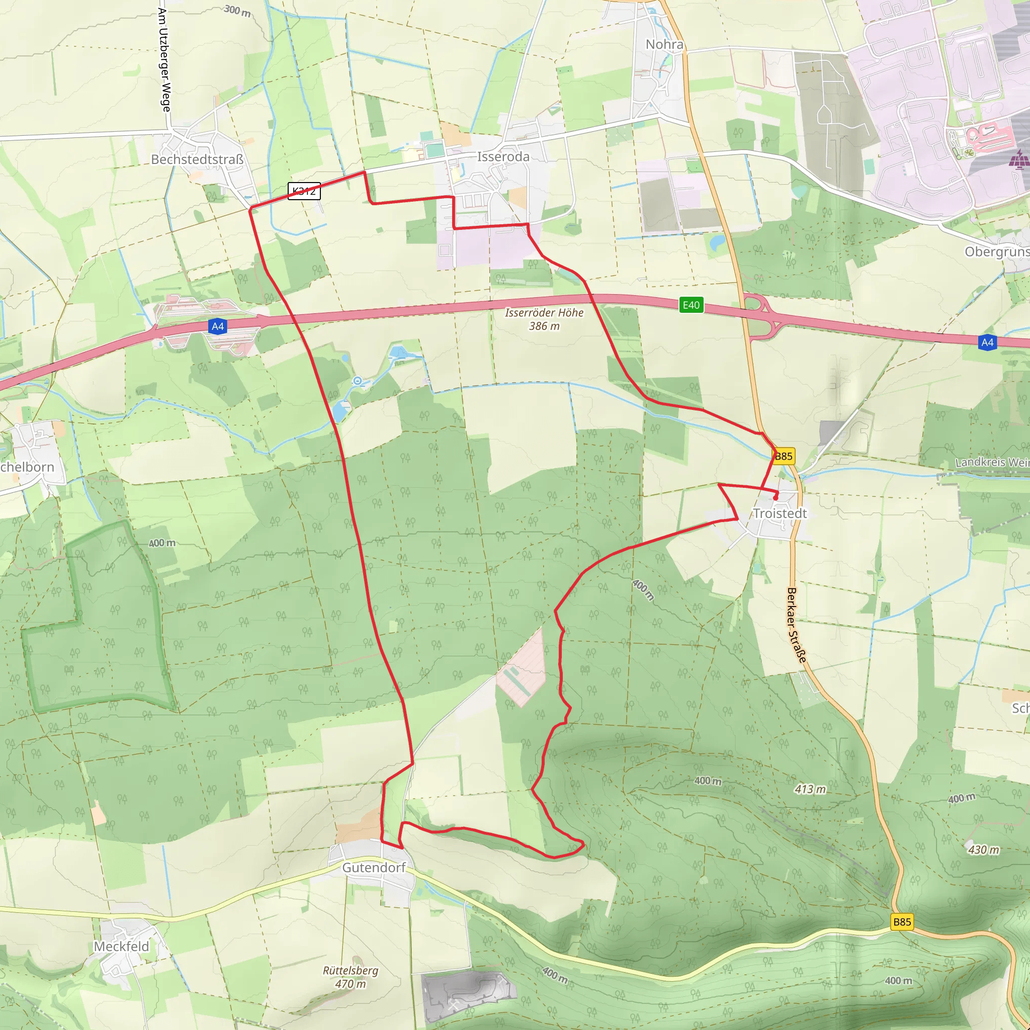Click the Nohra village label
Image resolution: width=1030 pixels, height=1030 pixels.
pyautogui.click(x=664, y=44)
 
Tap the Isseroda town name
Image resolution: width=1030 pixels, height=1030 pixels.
pyautogui.click(x=503, y=157)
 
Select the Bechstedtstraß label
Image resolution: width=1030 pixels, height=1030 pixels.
pyautogui.click(x=197, y=159)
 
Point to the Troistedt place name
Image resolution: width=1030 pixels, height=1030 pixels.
pyautogui.click(x=780, y=513)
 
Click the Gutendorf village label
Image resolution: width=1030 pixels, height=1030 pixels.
pyautogui.click(x=374, y=868)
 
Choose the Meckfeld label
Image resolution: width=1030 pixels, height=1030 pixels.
pyautogui.click(x=122, y=947)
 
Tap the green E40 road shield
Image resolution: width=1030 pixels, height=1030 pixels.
pyautogui.click(x=691, y=305)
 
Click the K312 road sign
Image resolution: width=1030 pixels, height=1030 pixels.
pyautogui.click(x=304, y=191)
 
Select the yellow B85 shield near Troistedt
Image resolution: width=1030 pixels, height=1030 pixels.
pyautogui.click(x=784, y=456)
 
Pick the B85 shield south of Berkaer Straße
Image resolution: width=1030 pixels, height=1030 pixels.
pyautogui.click(x=902, y=922)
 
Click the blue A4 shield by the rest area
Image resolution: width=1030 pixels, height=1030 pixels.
pyautogui.click(x=217, y=326)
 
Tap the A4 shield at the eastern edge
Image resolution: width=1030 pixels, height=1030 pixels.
pyautogui.click(x=987, y=342)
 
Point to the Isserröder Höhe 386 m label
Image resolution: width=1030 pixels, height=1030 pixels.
pyautogui.click(x=544, y=319)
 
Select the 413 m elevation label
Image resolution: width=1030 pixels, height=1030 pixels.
pyautogui.click(x=810, y=789)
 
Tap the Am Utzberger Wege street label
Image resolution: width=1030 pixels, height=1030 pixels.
pyautogui.click(x=164, y=60)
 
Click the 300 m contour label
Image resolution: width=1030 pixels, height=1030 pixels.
pyautogui.click(x=237, y=10)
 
